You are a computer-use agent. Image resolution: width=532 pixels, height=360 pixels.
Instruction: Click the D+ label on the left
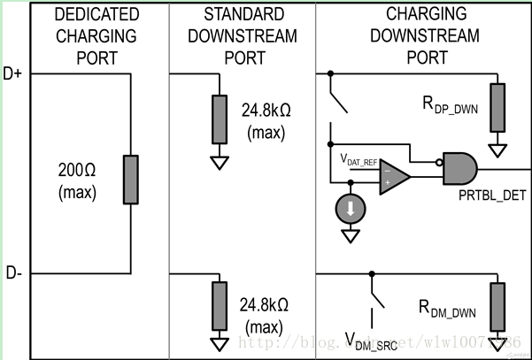[12, 74]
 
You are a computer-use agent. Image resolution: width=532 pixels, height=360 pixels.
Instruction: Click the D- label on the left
[12, 273]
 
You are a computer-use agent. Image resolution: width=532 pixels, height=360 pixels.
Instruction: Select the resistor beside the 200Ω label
[130, 180]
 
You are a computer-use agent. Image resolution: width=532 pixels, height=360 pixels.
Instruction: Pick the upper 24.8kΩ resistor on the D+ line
[218, 118]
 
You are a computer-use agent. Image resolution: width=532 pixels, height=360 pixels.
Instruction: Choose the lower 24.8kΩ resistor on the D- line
[218, 306]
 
